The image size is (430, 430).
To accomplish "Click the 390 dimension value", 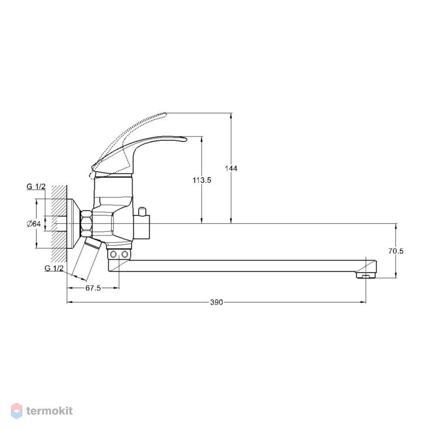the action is tap(216, 302).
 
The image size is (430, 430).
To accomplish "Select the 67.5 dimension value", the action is tap(93, 288).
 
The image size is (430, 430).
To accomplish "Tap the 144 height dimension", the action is tap(231, 168).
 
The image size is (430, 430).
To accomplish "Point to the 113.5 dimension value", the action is tap(202, 180).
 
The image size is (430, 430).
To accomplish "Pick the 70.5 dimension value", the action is tap(396, 251).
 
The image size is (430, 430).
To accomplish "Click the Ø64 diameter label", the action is tap(34, 224).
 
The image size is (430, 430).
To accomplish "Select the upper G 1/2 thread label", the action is tap(36, 187).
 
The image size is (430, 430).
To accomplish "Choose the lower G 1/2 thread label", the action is tap(54, 268).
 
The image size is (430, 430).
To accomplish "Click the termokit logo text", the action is tap(49, 411).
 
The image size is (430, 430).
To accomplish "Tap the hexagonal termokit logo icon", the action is tap(16, 411).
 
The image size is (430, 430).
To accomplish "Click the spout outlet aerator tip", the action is tap(366, 275).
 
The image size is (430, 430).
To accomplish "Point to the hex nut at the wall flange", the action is tap(86, 224).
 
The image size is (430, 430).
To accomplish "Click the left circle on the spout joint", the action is tap(113, 255).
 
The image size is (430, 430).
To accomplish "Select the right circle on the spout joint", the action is tap(125, 255).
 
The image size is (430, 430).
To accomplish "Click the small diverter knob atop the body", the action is tap(142, 212).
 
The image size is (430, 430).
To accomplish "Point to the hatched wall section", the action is tap(59, 223).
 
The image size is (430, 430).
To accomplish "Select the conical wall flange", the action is tap(74, 224).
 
